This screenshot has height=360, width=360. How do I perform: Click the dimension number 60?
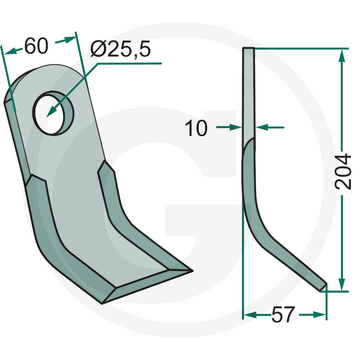(36, 46)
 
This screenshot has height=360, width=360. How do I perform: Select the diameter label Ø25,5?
(121, 49)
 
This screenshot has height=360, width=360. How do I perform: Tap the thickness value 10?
(196, 128)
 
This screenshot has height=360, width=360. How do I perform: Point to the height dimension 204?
(343, 172)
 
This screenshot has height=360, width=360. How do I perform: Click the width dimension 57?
(283, 314)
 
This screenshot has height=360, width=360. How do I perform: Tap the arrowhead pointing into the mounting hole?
(52, 112)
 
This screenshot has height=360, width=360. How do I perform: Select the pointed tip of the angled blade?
(193, 271)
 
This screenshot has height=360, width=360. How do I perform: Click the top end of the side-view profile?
(248, 48)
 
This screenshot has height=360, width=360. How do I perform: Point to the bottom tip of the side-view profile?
(323, 288)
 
